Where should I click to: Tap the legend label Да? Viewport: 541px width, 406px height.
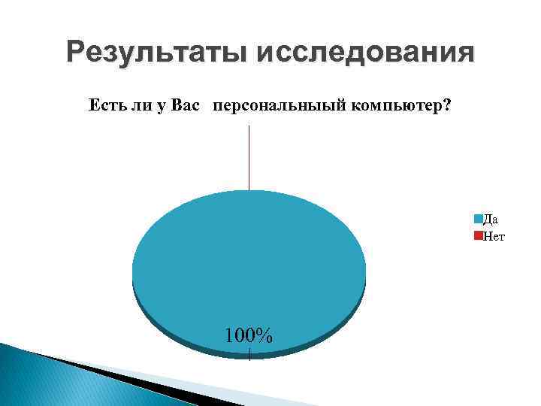point(490,220)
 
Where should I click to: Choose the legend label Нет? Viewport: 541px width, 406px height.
point(494,235)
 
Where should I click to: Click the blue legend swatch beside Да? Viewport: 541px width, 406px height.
point(478,220)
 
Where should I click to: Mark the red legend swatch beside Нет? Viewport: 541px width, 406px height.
point(478,236)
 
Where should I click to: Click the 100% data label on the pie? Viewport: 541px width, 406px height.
point(248,334)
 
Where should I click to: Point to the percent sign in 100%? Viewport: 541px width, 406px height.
point(264,334)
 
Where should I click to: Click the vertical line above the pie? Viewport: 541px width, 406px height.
point(249,158)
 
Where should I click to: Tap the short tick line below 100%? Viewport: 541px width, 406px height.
point(249,353)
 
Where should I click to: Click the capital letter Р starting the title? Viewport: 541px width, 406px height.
point(74,53)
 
